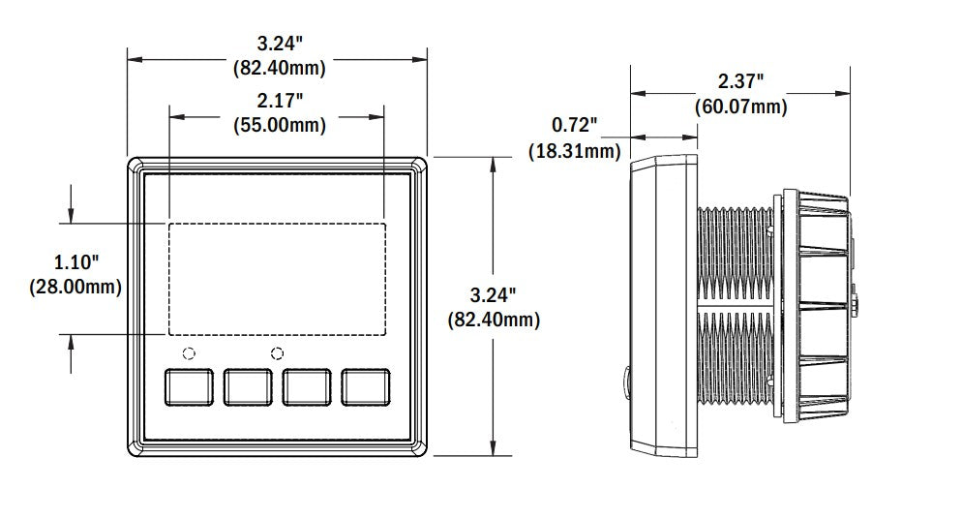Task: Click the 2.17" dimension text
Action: coord(279,101)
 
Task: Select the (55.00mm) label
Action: coord(279,125)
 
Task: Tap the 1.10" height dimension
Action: coord(75,262)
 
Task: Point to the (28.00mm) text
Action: coord(75,287)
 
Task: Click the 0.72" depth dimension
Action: coord(574,125)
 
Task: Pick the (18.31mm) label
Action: coord(574,150)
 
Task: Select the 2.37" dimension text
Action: coord(740,80)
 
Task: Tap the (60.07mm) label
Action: coord(740,106)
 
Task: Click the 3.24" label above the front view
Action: coord(279,44)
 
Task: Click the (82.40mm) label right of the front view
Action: coord(492,319)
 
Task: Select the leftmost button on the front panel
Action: coord(190,386)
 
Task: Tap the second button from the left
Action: coord(248,386)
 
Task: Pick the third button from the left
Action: coord(307,386)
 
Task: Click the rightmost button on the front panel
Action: coord(365,386)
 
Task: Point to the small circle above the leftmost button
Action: coord(190,352)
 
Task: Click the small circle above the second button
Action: coord(278,352)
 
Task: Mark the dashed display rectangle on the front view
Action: coord(278,278)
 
